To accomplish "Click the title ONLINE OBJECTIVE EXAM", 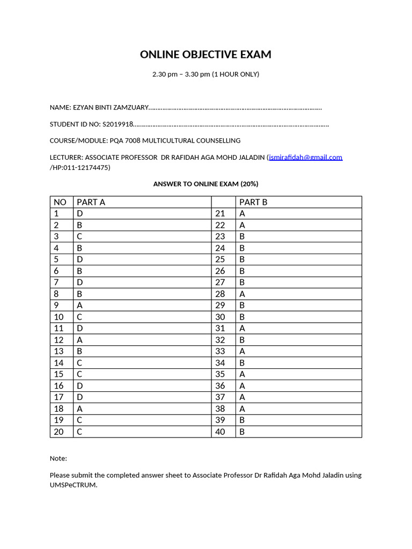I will [x=205, y=55].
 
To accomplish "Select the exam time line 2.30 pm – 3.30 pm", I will [x=205, y=74].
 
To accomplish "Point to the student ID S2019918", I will [x=117, y=124].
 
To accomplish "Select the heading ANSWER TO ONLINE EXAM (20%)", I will [x=205, y=184].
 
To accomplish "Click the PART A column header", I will [x=91, y=202].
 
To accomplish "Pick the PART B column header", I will [x=253, y=202].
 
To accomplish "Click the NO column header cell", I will [x=60, y=202].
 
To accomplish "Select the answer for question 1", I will [x=80, y=213].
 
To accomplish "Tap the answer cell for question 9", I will [x=80, y=305].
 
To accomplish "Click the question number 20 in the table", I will [x=58, y=432].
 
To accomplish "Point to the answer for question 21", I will [x=242, y=213].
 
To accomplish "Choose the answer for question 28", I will [x=242, y=294].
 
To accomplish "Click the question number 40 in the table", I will [x=220, y=432].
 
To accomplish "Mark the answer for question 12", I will [x=80, y=340].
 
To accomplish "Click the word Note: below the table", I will [x=58, y=458].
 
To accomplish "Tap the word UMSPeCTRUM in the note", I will [x=73, y=485].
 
